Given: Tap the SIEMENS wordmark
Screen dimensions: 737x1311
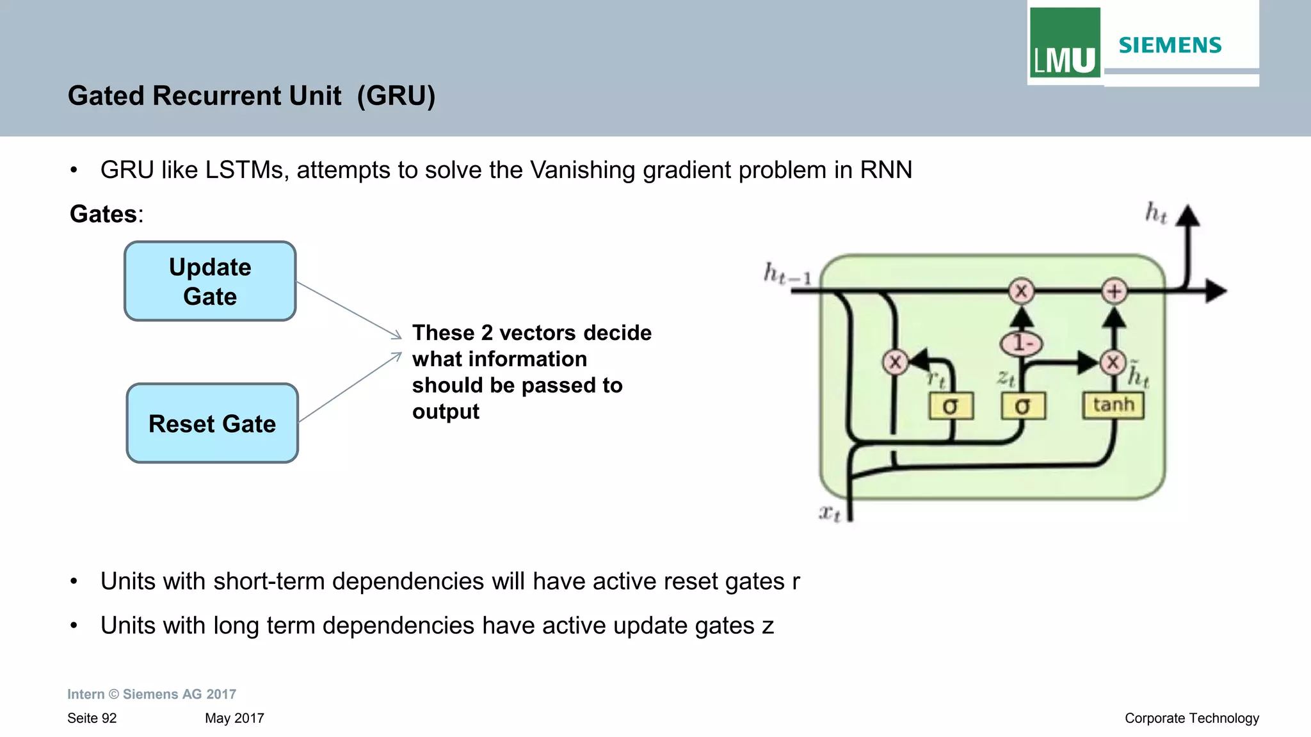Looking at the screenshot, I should pyautogui.click(x=1170, y=45).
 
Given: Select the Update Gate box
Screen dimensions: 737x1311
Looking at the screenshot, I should pyautogui.click(x=210, y=281).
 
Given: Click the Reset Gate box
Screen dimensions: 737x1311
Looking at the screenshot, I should pyautogui.click(x=213, y=423).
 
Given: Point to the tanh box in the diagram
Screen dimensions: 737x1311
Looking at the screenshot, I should pyautogui.click(x=1113, y=405).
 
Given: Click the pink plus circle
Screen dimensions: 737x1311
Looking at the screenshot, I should pyautogui.click(x=1114, y=291).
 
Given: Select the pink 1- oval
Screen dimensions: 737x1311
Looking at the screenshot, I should pyautogui.click(x=1021, y=344).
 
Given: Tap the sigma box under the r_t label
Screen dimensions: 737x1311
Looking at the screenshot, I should pyautogui.click(x=951, y=406).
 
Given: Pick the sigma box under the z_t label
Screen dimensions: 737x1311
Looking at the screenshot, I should pyautogui.click(x=1023, y=406).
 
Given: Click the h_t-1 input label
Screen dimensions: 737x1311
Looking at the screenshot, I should pyautogui.click(x=787, y=274).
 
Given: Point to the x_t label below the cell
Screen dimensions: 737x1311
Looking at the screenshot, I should pyautogui.click(x=830, y=512).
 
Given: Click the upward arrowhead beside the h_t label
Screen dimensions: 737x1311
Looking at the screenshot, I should pyautogui.click(x=1188, y=216).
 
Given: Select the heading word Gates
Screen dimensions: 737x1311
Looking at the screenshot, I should pyautogui.click(x=103, y=214).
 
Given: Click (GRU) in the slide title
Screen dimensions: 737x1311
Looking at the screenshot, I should pyautogui.click(x=396, y=96).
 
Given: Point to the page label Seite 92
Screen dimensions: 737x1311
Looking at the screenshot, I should pyautogui.click(x=92, y=718).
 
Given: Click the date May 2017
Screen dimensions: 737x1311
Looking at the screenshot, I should pyautogui.click(x=234, y=718).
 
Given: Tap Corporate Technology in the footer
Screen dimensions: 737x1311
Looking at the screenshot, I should pyautogui.click(x=1191, y=718).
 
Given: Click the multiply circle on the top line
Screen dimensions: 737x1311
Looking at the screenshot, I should pyautogui.click(x=1021, y=291).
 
